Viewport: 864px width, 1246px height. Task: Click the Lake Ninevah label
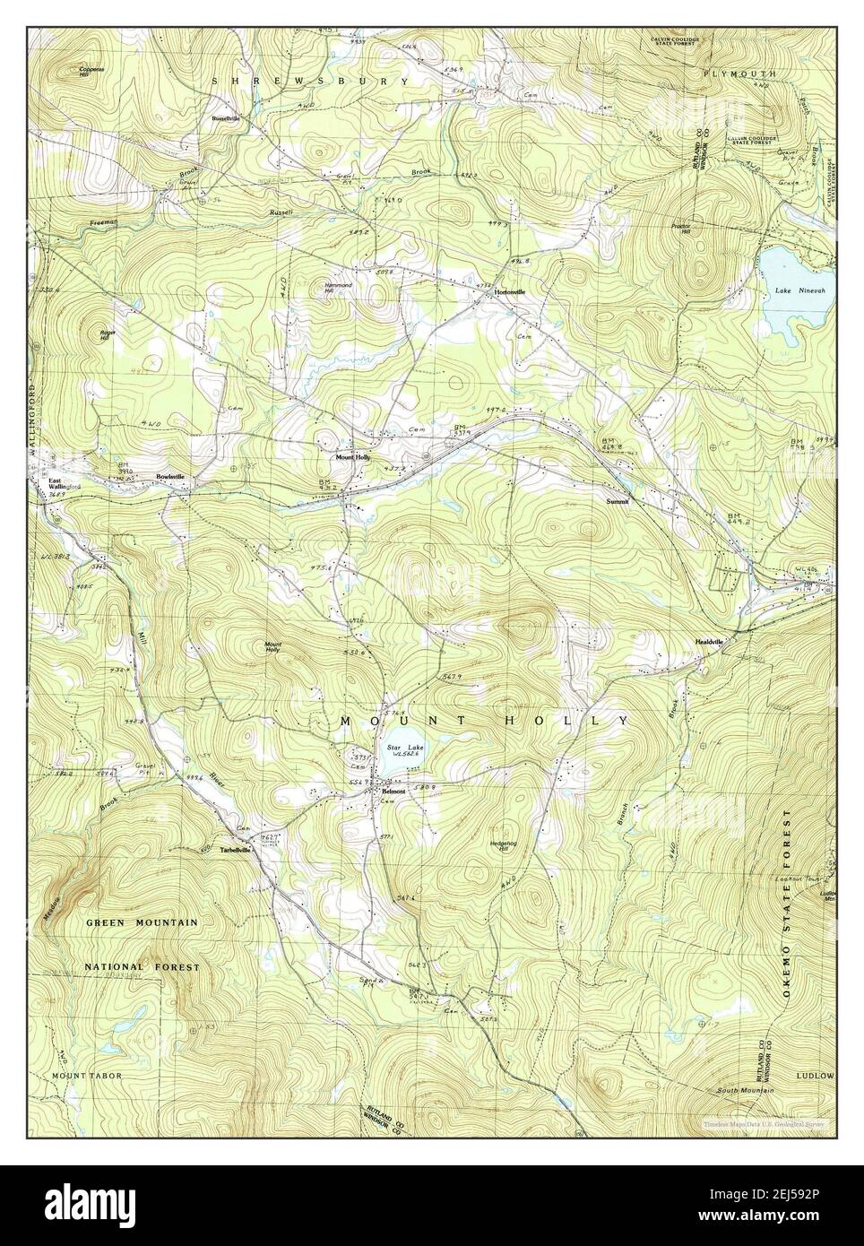click(x=793, y=291)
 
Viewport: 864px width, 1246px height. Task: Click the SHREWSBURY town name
click(x=309, y=82)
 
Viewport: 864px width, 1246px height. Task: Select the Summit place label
click(x=618, y=502)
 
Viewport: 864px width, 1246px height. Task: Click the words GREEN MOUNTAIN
click(x=142, y=922)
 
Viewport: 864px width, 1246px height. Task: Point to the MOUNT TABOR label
click(x=85, y=1074)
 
